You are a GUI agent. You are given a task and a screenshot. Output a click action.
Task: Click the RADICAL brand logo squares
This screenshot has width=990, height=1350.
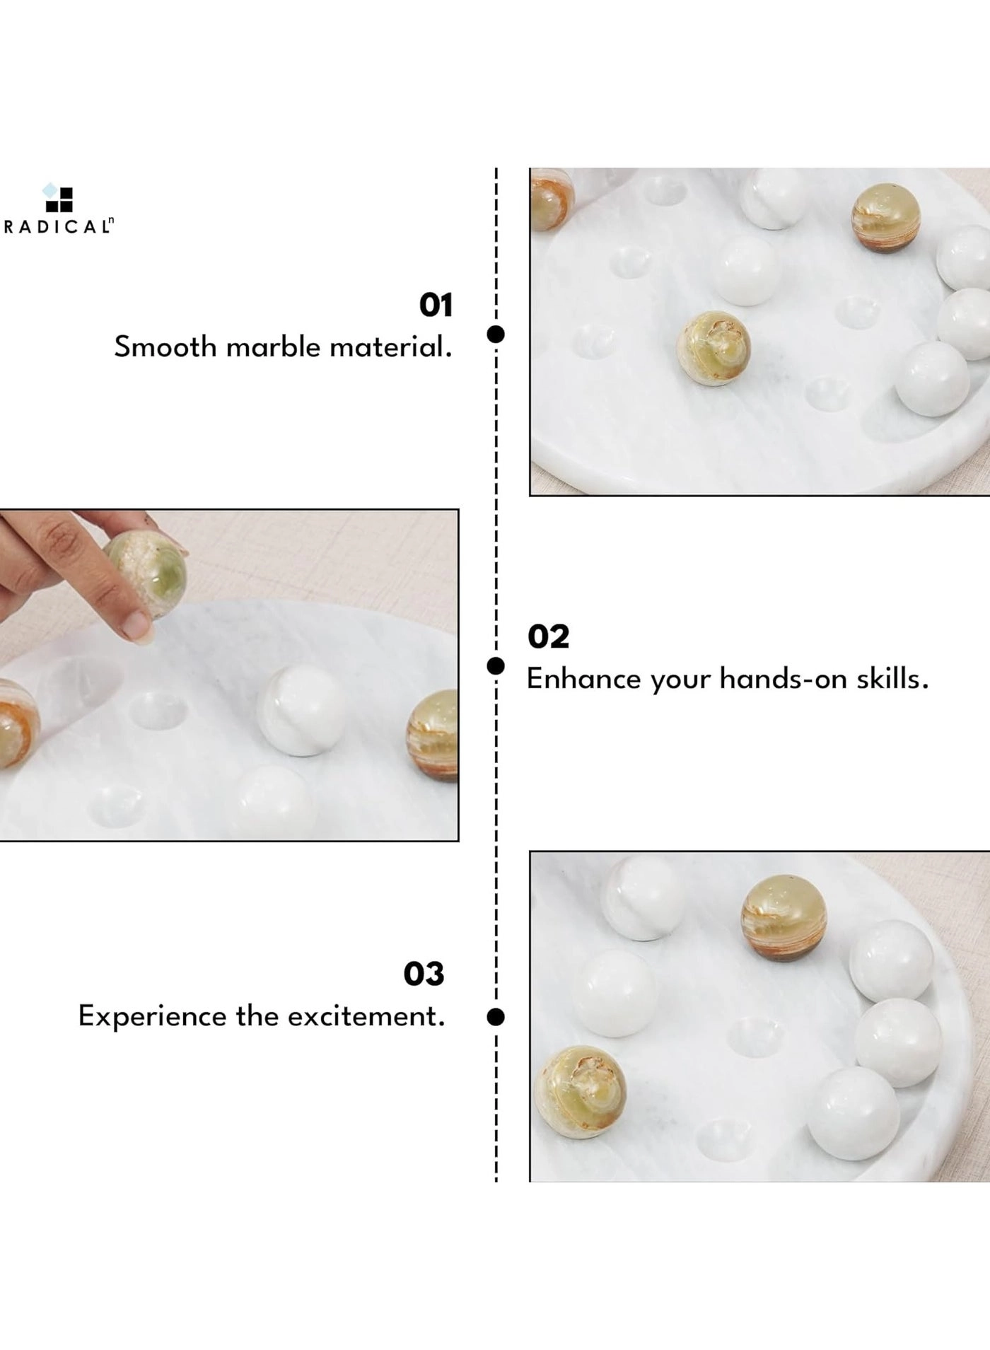point(58,197)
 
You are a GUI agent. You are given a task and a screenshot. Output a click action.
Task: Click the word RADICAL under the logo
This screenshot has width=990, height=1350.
point(58,227)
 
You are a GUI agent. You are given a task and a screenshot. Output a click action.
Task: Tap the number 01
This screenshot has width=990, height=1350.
point(436,306)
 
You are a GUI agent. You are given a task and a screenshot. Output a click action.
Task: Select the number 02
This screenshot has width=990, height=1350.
point(548,637)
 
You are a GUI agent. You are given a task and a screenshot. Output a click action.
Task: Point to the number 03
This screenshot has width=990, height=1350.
point(424,974)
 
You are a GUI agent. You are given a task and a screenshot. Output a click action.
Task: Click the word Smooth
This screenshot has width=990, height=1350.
point(165,347)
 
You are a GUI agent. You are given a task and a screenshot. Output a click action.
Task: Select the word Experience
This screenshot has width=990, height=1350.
point(153,1017)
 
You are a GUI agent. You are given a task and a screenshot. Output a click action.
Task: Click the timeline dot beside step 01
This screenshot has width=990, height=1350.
point(496,334)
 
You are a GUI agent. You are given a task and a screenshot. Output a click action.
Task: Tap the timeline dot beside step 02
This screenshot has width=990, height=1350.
point(496,665)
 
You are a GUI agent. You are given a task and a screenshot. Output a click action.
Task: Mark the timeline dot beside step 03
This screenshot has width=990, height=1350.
point(496,1017)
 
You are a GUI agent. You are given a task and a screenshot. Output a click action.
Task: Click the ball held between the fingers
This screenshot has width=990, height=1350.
point(146,574)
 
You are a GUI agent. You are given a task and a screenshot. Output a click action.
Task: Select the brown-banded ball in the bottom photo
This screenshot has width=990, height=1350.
point(784,918)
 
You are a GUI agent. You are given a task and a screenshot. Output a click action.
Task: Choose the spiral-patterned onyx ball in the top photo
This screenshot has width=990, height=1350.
point(714,348)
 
